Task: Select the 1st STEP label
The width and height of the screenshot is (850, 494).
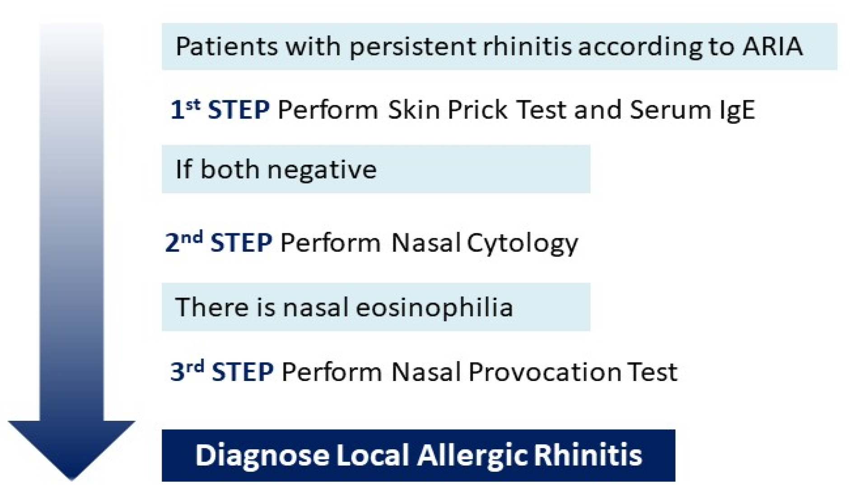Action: point(220,110)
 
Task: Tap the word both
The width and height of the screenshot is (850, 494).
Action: point(230,169)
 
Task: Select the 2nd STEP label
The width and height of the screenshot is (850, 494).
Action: point(219,242)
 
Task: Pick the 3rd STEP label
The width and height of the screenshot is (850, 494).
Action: point(221,372)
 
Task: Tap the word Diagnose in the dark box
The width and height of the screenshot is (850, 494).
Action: point(262,455)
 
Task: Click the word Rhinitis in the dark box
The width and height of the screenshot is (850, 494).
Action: point(588,455)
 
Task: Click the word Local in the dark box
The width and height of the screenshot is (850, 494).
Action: point(372,455)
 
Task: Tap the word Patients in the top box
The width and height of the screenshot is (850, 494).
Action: point(226,46)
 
